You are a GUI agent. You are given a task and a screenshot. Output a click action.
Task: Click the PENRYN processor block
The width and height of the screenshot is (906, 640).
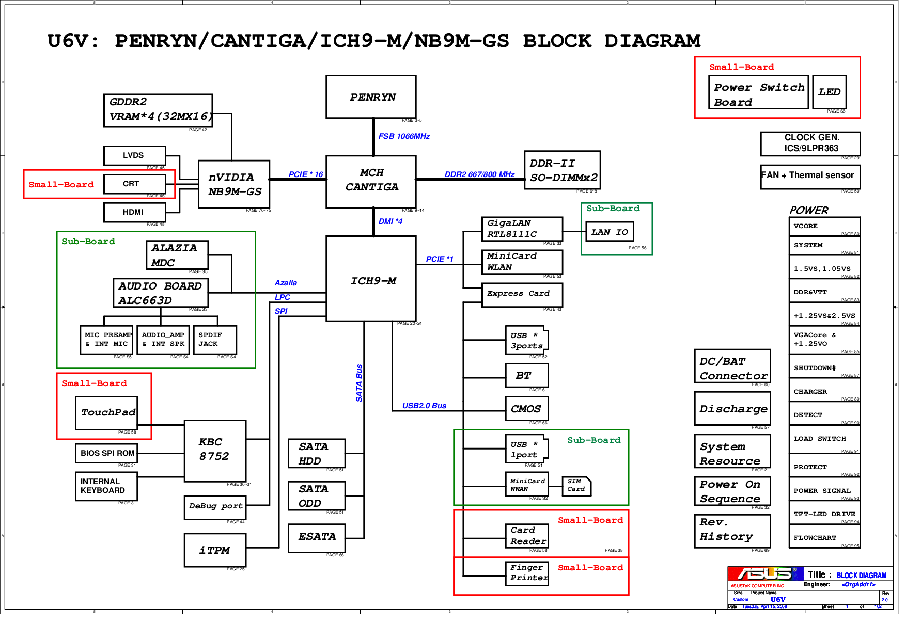click(371, 97)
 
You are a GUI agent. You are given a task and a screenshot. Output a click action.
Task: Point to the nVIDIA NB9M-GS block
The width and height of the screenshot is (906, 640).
click(234, 184)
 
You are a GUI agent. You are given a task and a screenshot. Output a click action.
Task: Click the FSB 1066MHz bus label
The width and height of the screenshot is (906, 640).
click(404, 136)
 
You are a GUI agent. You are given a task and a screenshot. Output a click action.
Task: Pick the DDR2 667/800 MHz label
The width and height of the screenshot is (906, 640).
click(479, 174)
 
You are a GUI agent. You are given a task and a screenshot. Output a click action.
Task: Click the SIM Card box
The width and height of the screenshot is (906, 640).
click(576, 486)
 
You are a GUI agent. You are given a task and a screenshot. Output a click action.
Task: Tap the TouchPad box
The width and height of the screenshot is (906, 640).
click(106, 412)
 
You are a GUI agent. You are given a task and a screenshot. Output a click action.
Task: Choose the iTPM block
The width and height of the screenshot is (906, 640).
click(215, 551)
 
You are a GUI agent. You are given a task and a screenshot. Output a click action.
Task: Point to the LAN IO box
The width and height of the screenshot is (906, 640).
click(610, 232)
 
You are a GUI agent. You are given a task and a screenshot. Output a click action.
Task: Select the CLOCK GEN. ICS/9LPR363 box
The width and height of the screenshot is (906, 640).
click(810, 143)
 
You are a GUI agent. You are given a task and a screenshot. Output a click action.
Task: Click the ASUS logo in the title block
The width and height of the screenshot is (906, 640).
click(765, 574)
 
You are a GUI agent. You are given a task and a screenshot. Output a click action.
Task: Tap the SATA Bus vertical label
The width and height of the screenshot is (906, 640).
click(359, 383)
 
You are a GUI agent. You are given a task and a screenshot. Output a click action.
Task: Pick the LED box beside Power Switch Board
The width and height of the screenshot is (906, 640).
click(829, 92)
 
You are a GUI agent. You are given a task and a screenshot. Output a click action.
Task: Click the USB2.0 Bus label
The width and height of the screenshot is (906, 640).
click(424, 406)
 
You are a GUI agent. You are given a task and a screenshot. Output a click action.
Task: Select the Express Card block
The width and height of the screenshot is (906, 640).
click(522, 294)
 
